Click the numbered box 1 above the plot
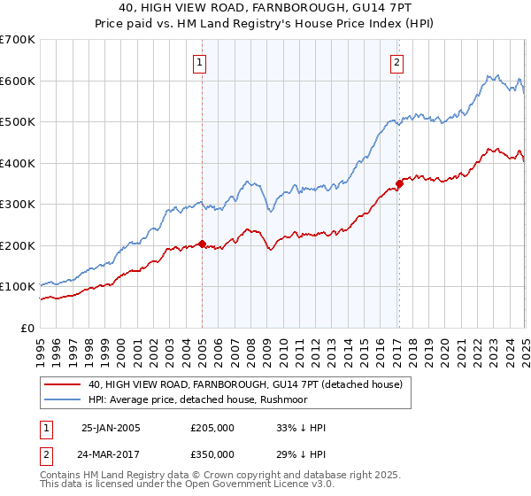[x=201, y=62]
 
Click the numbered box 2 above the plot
[x=397, y=62]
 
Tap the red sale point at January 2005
[x=202, y=244]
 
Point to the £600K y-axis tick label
[x=18, y=81]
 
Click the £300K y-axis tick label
[x=18, y=205]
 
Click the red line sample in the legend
[x=63, y=384]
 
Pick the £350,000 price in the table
[x=212, y=453]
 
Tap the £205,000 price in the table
[x=212, y=428]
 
